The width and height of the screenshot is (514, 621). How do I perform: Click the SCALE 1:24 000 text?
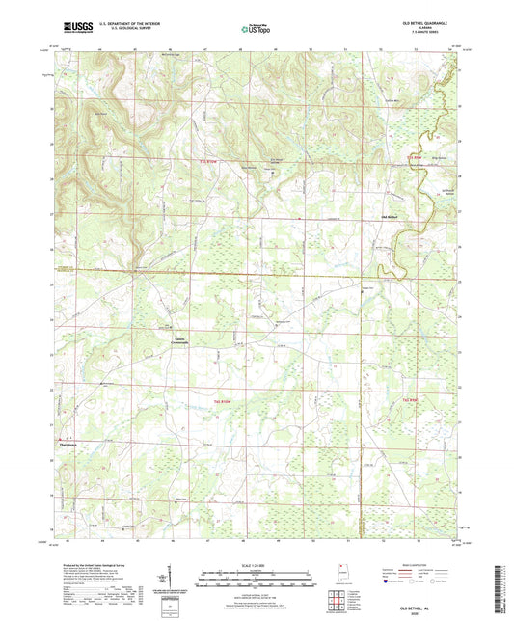point(256,565)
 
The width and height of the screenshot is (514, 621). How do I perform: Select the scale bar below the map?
point(256,576)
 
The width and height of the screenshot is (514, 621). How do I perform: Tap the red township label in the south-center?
point(223,399)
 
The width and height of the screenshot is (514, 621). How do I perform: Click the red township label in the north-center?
point(207,160)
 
